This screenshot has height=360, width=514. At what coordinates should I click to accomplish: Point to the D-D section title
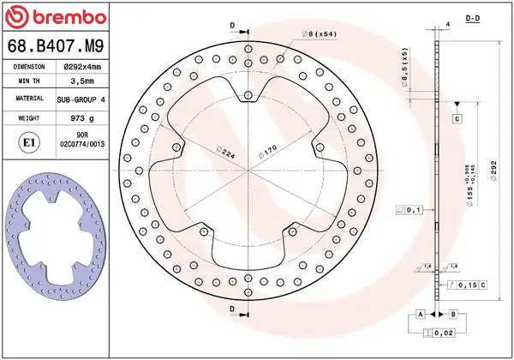[495, 17]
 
